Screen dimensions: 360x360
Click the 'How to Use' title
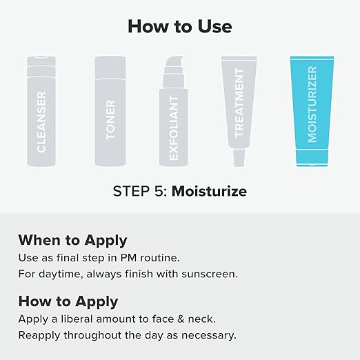point(180,26)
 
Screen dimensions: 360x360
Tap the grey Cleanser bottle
point(41,111)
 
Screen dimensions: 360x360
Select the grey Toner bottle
point(110,111)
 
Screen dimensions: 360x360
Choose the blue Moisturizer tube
point(312,111)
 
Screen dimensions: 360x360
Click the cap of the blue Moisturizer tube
point(312,158)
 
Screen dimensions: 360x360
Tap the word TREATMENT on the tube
point(239,103)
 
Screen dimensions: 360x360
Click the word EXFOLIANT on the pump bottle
point(174,128)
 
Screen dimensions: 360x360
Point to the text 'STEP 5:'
point(140,191)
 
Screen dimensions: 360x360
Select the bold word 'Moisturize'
point(209,191)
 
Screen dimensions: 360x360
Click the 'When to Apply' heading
point(72,241)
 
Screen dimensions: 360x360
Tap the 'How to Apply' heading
point(68,302)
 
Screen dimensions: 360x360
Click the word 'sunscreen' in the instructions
point(210,274)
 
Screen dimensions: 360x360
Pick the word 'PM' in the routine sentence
point(128,258)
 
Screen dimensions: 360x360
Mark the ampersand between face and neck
point(181,319)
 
